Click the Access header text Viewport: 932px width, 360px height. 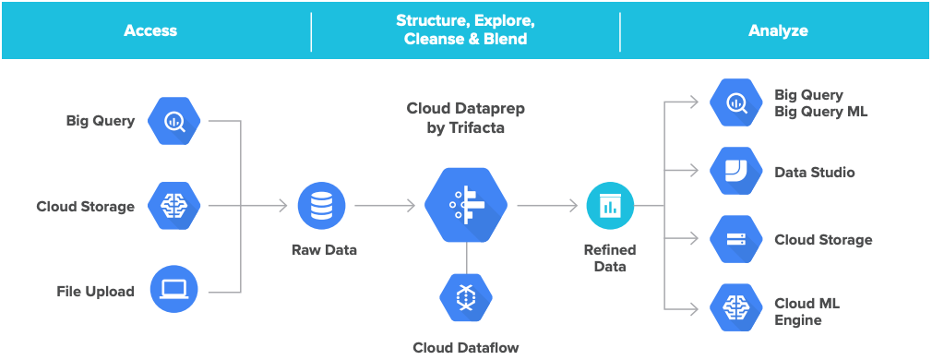tap(150, 30)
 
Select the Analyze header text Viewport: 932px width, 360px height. tap(778, 30)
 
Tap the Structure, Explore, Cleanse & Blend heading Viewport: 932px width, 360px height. tap(465, 30)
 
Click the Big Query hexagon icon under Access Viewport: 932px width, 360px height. tap(174, 121)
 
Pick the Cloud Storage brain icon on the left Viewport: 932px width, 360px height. tap(174, 206)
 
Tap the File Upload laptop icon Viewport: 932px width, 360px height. tap(174, 291)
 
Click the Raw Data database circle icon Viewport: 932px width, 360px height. tap(322, 206)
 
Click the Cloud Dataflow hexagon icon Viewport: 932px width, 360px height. tap(466, 298)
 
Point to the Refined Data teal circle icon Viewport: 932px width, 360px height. tap(610, 206)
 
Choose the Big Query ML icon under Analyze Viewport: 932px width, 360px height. tap(735, 102)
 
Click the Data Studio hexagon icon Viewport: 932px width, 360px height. tap(735, 172)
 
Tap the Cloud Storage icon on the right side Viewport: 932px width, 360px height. tap(735, 240)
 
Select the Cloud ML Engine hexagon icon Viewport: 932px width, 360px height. tap(735, 309)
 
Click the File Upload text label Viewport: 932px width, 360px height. tap(95, 292)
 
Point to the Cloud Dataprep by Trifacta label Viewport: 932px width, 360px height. tap(466, 118)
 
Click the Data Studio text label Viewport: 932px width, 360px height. tap(814, 173)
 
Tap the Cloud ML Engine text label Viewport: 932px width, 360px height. tap(807, 312)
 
